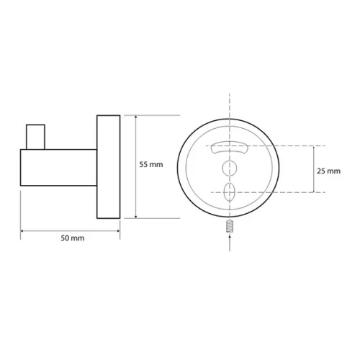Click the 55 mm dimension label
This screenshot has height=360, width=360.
point(151,165)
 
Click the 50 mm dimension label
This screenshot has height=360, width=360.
point(73,238)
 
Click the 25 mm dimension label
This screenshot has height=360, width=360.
point(328,171)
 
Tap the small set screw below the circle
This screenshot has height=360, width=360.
point(230,226)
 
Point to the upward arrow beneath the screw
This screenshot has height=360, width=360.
point(230,243)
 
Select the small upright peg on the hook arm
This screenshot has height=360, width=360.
point(35,137)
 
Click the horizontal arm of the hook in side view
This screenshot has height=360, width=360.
point(58,168)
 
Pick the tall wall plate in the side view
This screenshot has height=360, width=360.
point(109,167)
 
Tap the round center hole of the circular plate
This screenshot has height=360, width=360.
point(230,168)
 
